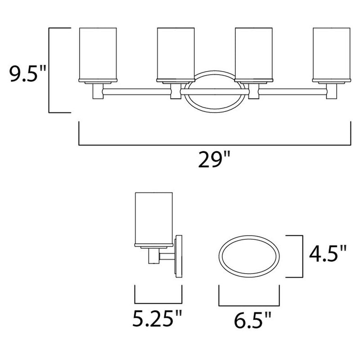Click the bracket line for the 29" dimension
(x=215, y=145)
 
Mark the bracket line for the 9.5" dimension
(x=49, y=70)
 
